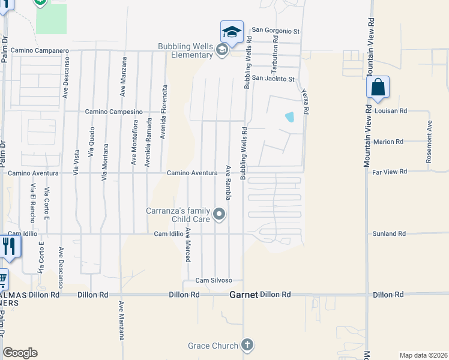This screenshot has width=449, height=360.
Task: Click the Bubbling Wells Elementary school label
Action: point(185,50)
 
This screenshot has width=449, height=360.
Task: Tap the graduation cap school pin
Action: point(232,32)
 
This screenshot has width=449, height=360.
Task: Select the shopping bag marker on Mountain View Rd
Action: point(378,87)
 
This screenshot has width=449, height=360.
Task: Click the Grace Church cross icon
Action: point(247,344)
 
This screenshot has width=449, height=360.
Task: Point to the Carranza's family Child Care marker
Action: point(220,214)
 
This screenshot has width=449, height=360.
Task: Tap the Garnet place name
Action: point(244,295)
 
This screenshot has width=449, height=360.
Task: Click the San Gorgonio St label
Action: point(275,29)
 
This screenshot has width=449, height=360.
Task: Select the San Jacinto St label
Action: point(273,79)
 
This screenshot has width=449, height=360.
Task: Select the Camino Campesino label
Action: point(113,112)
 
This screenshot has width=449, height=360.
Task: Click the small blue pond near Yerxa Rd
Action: point(290,117)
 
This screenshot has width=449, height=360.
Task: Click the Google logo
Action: point(20,353)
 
